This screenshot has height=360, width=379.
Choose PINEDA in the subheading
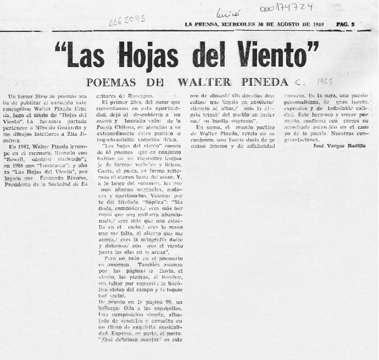(x=260, y=82)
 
